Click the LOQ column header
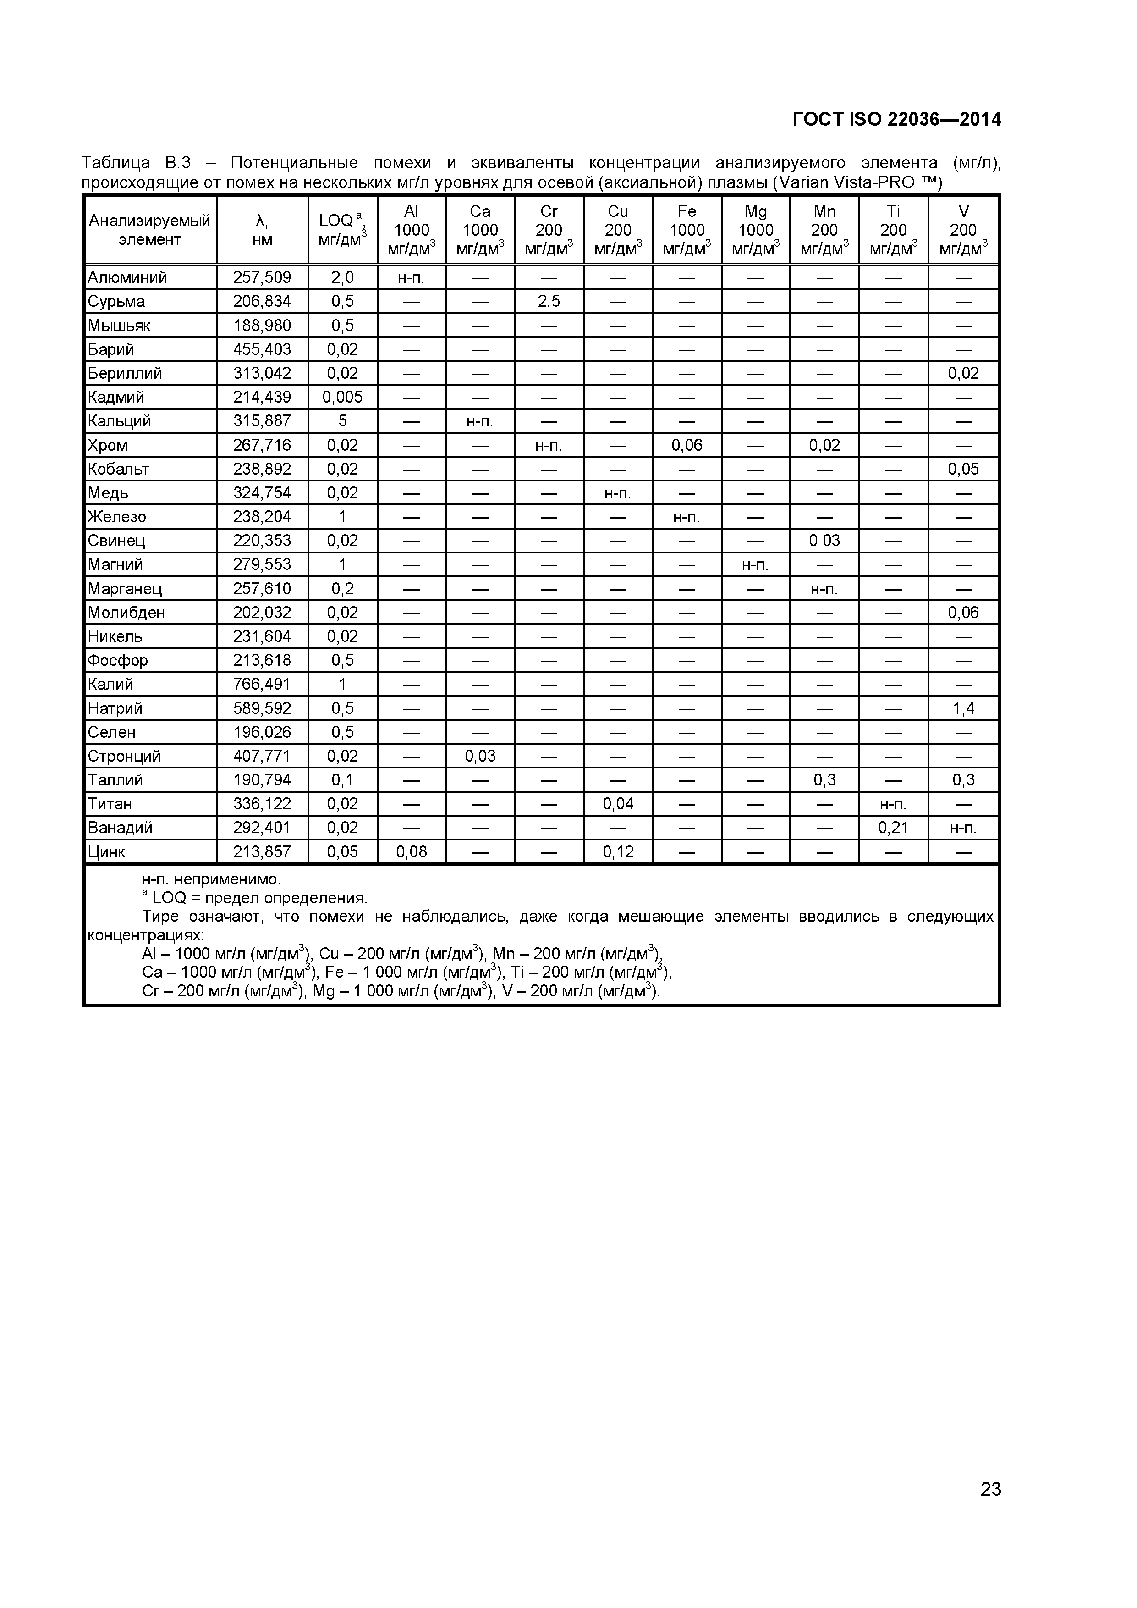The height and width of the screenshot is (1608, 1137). [x=342, y=230]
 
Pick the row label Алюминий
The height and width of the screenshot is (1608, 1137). [x=127, y=277]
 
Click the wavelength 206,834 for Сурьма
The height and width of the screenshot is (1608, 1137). [x=262, y=301]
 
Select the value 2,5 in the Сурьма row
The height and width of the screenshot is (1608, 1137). [x=549, y=301]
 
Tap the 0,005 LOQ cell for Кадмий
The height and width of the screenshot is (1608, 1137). [x=342, y=397]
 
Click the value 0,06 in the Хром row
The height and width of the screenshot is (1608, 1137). [x=687, y=445]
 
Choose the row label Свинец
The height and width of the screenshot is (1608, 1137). [x=116, y=541]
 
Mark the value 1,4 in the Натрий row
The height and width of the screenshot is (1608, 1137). [x=963, y=708]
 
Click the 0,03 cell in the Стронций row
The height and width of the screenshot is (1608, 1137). [x=480, y=756]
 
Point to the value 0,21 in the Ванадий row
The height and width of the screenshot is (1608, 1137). [x=893, y=828]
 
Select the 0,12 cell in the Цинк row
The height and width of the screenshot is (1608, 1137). [x=618, y=851]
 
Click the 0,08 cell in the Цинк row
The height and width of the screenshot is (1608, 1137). [x=412, y=851]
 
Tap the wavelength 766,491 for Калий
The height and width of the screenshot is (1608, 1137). [x=262, y=684]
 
